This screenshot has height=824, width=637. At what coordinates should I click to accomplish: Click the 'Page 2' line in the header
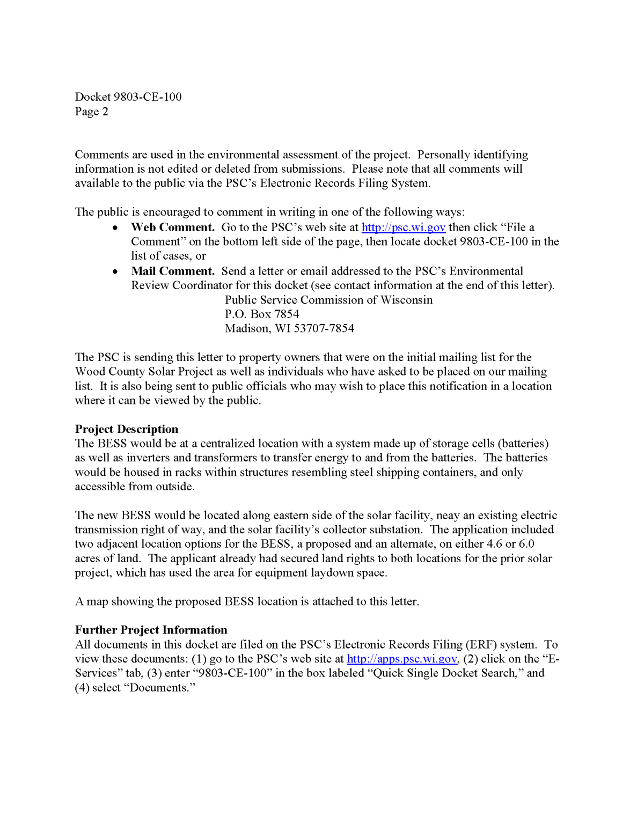click(x=91, y=112)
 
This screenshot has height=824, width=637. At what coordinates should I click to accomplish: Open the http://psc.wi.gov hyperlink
click(x=403, y=227)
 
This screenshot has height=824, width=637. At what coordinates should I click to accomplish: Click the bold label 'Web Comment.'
click(x=173, y=227)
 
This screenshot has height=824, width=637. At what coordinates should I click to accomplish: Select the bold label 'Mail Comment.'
click(x=173, y=271)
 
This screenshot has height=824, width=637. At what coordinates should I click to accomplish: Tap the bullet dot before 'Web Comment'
click(x=115, y=228)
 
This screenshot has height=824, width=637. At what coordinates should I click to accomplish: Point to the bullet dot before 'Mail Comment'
click(x=115, y=271)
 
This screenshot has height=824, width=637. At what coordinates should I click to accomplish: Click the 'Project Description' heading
click(x=127, y=429)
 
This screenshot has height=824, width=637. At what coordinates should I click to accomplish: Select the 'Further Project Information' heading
click(x=151, y=630)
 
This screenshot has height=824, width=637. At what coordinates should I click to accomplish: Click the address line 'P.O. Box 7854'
click(x=262, y=314)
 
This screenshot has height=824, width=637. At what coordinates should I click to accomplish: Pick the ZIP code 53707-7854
click(x=324, y=328)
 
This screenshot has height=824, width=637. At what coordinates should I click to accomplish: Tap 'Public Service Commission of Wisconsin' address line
click(x=328, y=300)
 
